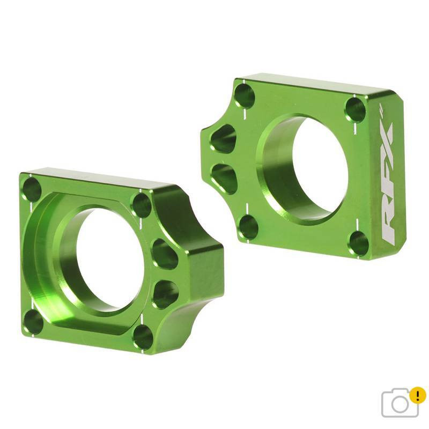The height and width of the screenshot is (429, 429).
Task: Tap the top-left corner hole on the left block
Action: tap(32, 189)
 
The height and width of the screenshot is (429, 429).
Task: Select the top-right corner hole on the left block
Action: tap(141, 205)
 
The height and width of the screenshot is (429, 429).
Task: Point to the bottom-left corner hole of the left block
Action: tap(33, 322)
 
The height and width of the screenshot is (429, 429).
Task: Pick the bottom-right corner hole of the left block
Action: tap(143, 337)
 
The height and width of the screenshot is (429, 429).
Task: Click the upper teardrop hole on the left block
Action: tap(164, 254)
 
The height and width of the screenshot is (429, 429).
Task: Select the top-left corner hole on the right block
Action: tap(245, 96)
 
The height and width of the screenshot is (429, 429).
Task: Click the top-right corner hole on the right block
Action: tap(355, 109)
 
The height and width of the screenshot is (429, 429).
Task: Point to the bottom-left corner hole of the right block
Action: tap(248, 227)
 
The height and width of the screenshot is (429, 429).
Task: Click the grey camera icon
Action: tap(400, 402)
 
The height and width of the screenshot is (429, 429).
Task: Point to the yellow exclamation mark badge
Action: tap(417, 395)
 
